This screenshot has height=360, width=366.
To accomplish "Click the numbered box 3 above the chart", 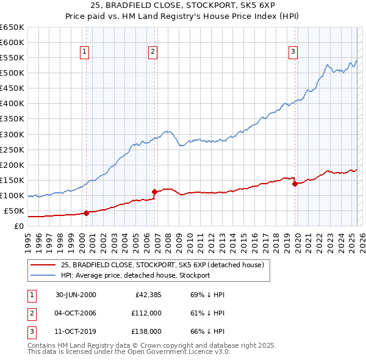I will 293,52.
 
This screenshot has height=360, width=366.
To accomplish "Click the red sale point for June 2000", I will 86,213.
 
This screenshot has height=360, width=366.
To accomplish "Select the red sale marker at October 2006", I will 154,192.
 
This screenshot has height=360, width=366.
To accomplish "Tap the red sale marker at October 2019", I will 295,184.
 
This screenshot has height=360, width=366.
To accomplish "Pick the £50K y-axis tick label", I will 14,211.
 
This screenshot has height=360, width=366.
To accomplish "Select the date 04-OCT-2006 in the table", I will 76,313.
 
